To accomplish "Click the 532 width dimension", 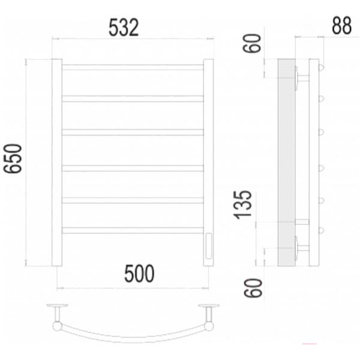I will pyautogui.click(x=124, y=27).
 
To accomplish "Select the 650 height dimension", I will pyautogui.click(x=13, y=158).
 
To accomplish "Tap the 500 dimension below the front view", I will pyautogui.click(x=139, y=274).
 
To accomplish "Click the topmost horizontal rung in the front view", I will pyautogui.click(x=133, y=67).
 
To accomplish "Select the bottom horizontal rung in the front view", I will pyautogui.click(x=133, y=230).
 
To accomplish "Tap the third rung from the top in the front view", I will pyautogui.click(x=133, y=132).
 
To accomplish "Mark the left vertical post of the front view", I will pyautogui.click(x=57, y=162).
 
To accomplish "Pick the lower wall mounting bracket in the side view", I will pyautogui.click(x=301, y=247).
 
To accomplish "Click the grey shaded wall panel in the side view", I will pyautogui.click(x=286, y=162).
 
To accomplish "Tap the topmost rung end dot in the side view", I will pyautogui.click(x=322, y=67).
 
